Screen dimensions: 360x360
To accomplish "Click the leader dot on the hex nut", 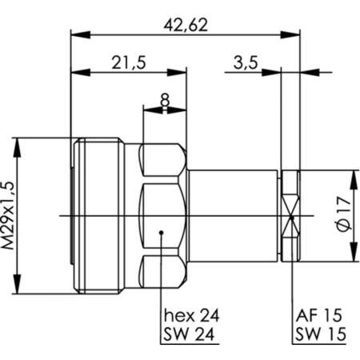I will pyautogui.click(x=162, y=234).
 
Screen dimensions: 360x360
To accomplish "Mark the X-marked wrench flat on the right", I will pyautogui.click(x=292, y=216).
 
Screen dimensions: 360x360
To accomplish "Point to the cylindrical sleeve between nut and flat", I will pyautogui.click(x=236, y=216).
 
